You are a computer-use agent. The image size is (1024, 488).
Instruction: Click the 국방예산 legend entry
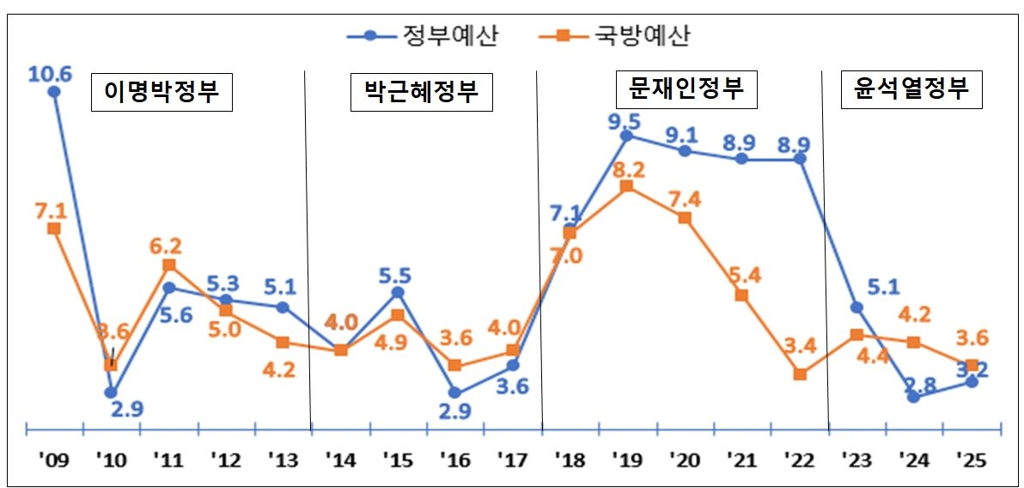click(613, 35)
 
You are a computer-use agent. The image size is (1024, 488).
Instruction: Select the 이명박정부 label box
click(162, 93)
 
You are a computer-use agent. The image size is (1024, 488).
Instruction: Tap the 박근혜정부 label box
click(421, 92)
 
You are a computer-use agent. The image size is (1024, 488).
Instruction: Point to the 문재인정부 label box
click(686, 88)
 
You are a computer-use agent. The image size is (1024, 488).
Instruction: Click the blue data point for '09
click(54, 92)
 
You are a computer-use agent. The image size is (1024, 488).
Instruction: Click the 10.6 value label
click(50, 73)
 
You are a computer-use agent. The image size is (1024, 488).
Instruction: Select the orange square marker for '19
click(627, 186)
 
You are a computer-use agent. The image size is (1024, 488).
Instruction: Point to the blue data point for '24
click(914, 397)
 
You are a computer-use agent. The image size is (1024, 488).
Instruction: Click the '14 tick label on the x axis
click(340, 461)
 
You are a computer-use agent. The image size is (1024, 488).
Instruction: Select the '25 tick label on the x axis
click(972, 461)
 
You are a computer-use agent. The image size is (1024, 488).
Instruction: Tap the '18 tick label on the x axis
click(570, 461)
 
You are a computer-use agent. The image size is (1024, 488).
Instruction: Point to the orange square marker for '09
click(54, 229)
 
